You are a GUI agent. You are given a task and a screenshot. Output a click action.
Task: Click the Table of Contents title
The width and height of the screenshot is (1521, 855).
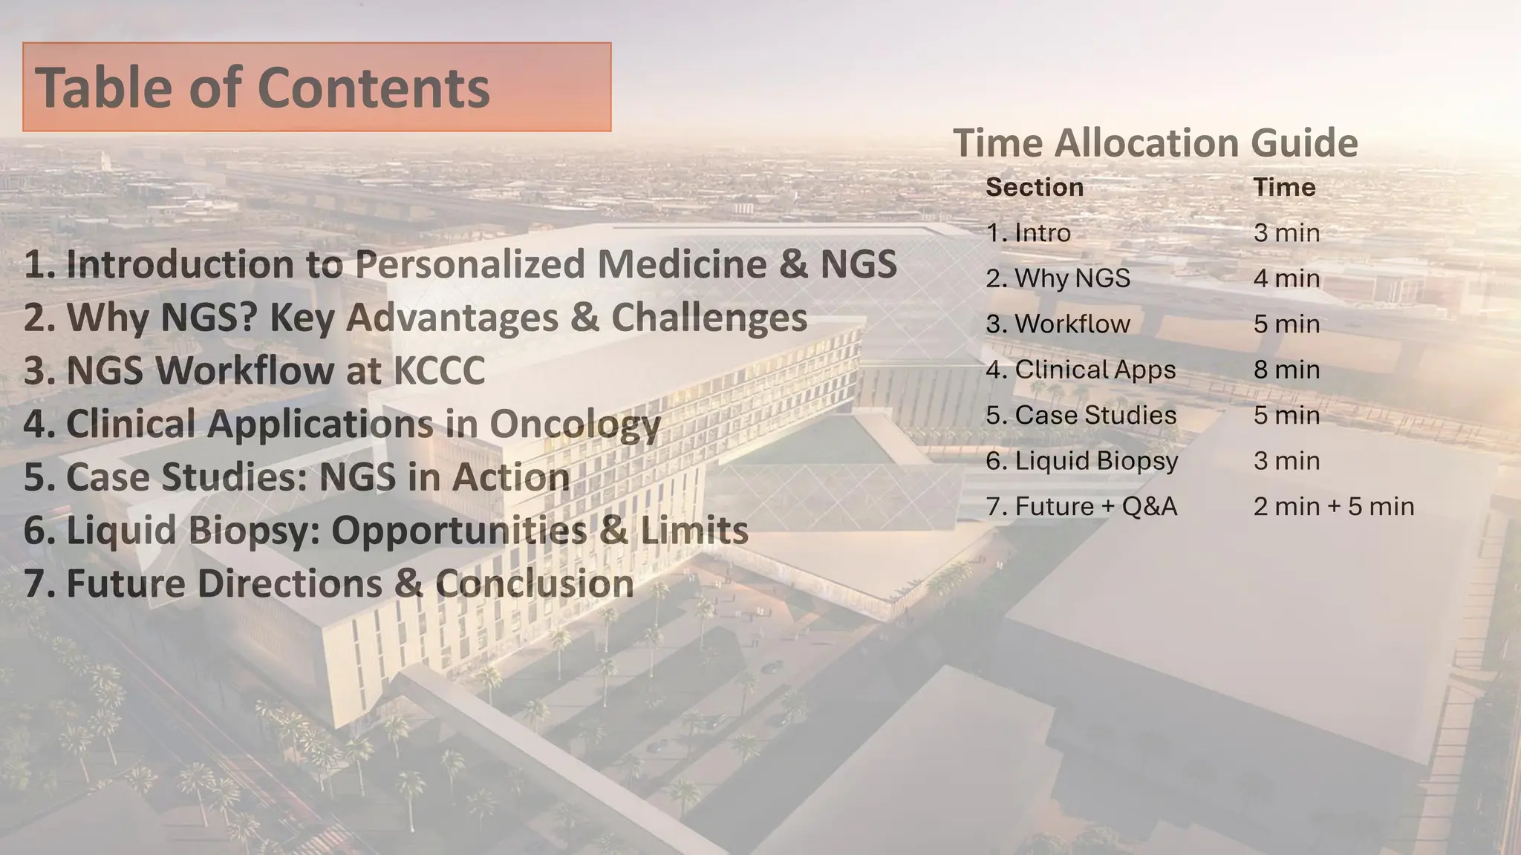point(262,88)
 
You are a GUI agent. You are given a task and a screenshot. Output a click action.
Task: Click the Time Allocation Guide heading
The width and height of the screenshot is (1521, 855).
point(1155,142)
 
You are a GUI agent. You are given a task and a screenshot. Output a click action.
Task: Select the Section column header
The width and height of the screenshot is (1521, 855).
point(1034,187)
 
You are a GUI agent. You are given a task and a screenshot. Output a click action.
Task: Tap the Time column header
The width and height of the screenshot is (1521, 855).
point(1284,187)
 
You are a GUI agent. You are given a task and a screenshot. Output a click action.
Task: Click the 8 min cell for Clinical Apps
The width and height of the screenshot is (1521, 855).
point(1286,370)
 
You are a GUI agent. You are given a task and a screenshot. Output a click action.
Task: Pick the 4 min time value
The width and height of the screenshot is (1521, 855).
point(1286,278)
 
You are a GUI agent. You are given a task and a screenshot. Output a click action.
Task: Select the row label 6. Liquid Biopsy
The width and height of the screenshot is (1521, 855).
point(1081,461)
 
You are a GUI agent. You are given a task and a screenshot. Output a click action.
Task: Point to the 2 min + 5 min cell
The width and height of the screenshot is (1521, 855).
point(1333,507)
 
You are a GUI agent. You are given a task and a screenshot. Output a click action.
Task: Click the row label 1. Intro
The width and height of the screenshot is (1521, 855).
point(1028,233)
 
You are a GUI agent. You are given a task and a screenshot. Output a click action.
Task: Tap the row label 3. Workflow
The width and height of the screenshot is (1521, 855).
point(1058,324)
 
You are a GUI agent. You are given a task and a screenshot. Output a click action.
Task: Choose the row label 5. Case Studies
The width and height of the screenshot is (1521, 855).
point(1081,416)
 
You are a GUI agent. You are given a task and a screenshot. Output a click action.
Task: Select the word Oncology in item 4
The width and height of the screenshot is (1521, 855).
point(574,425)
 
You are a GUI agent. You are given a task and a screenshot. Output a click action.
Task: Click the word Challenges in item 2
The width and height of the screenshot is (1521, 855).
point(709,318)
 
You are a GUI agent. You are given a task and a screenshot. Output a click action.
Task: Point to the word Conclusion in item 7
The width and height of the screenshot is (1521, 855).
point(534,583)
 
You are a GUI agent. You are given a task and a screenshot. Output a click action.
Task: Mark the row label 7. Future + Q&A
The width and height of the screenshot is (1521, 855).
point(1081,507)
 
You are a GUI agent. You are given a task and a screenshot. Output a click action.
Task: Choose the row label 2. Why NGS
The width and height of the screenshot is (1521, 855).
point(1058,278)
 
